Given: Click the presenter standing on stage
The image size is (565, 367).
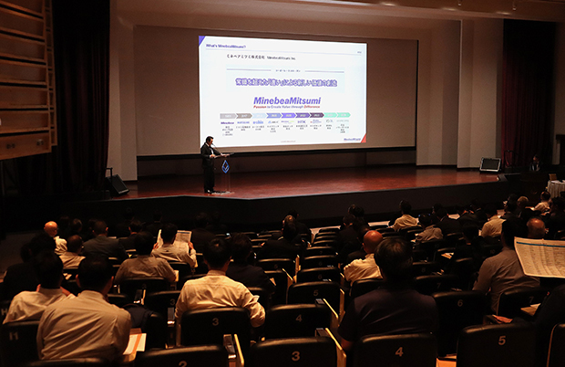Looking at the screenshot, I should (x=209, y=163).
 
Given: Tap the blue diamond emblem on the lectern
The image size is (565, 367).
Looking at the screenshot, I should (x=225, y=166).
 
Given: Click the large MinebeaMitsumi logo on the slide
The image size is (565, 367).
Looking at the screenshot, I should (x=286, y=100).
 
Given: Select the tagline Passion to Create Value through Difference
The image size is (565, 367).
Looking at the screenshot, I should (x=286, y=108).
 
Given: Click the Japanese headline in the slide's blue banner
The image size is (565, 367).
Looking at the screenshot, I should (x=286, y=83).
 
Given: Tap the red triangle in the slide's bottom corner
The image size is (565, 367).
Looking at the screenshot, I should (x=362, y=139).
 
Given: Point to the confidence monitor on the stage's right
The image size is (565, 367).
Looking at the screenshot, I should (x=489, y=164).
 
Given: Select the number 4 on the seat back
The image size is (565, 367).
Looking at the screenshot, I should (x=399, y=351).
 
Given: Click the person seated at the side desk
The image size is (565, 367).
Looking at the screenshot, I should (x=535, y=163).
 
